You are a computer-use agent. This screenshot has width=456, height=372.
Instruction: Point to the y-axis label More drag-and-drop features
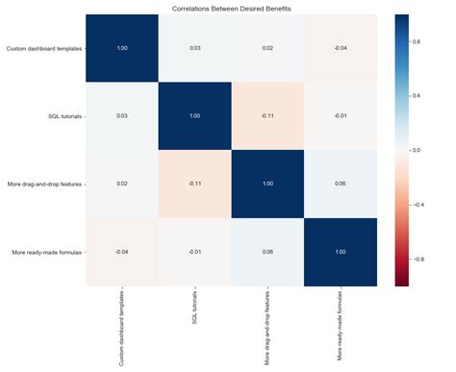(41, 183)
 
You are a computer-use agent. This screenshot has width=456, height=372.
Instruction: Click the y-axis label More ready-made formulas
(43, 251)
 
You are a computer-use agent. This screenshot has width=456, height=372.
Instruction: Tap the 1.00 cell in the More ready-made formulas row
(341, 251)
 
